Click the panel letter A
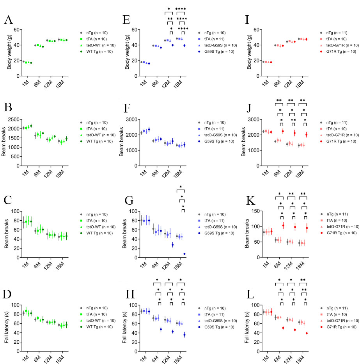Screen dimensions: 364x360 (8, 21)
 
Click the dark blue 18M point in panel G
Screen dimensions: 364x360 (184, 254)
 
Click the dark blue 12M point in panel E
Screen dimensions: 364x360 (172, 45)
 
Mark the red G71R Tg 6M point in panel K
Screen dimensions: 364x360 (283, 225)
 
